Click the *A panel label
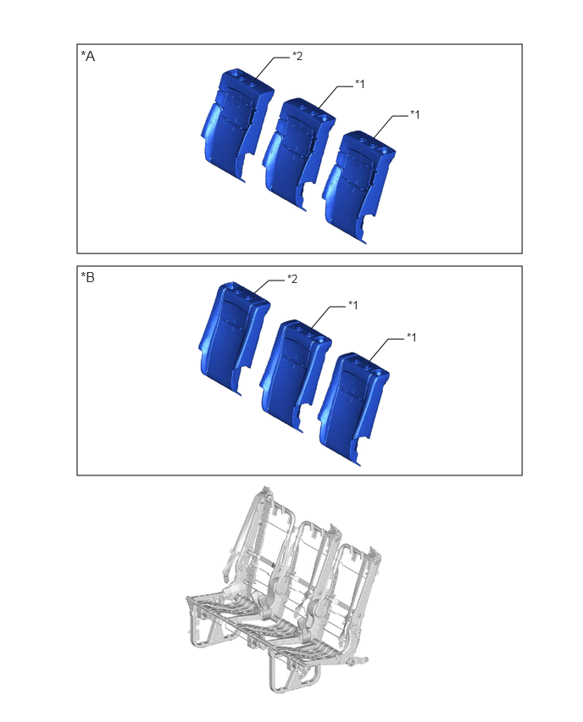pos(87,56)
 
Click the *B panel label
pos(87,277)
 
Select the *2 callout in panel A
pos(297,56)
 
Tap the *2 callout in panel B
pos(292,279)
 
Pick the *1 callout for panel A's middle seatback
pos(359,84)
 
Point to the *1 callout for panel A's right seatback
pos(414,114)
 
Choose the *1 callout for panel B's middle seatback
pos(353,305)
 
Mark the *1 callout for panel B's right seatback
pos(411,337)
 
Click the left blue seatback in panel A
pos(236,125)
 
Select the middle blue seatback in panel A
pos(297,154)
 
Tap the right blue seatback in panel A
pos(358,186)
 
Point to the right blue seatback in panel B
pos(353,409)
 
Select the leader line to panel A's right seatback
pos(388,125)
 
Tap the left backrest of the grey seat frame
pos(258,543)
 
